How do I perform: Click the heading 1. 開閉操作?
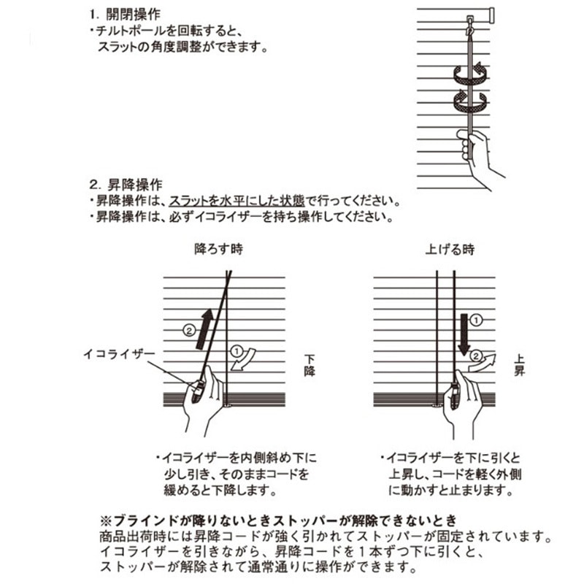coord(125,15)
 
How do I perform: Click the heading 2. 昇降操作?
coord(126,185)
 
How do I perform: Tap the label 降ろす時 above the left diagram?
coord(218,248)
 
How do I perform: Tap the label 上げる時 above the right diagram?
coord(450,249)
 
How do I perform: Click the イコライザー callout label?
coord(119,354)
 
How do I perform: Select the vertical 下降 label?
coord(310,366)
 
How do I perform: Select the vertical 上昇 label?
coord(519,366)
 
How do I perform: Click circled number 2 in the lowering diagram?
coord(189,330)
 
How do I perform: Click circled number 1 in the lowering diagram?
coord(237,351)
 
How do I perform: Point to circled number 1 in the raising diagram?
coord(477,320)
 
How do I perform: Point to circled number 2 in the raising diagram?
coord(476,356)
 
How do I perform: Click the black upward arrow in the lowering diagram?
coord(205,329)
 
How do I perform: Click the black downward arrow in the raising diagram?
coord(464,334)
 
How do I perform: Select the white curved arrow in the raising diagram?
coord(483,363)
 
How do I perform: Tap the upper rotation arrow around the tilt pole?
coord(470,73)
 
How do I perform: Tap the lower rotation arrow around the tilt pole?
coord(470,101)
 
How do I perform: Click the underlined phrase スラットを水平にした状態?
coord(237,201)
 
